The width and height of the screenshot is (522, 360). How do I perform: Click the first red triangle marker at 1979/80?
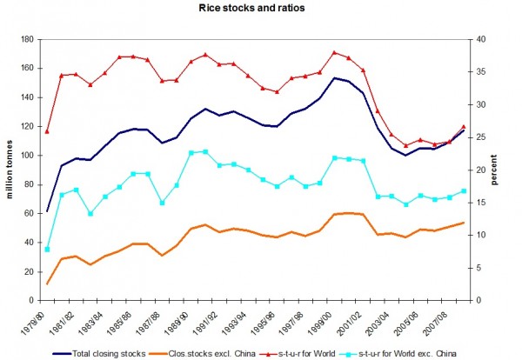coord(47,131)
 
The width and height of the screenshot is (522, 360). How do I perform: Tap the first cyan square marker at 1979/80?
coord(47,250)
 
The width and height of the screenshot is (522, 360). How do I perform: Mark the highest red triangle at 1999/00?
coord(334,52)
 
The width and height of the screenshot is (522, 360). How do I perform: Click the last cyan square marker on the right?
coord(464,191)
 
